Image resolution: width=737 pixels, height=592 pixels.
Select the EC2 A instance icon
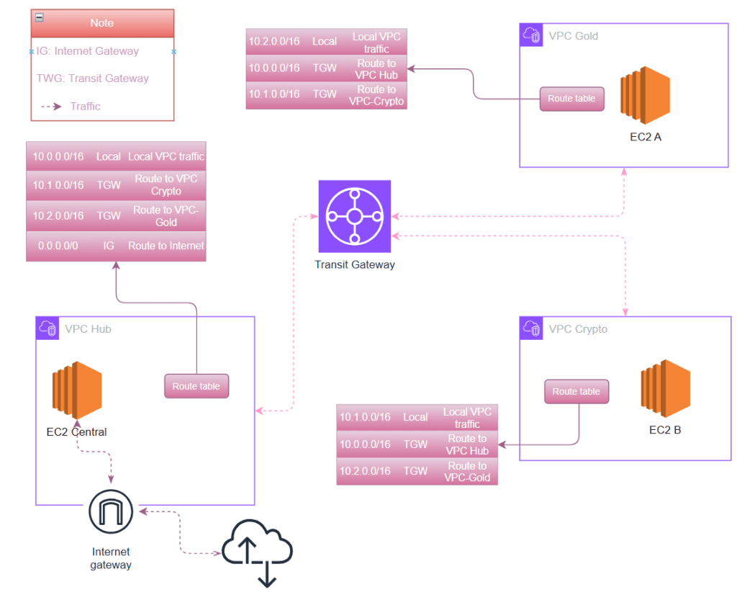(646, 98)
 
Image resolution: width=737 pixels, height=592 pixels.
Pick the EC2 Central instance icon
(76, 391)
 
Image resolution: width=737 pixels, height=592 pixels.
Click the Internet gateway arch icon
(111, 512)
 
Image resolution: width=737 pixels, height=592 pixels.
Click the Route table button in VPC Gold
(571, 99)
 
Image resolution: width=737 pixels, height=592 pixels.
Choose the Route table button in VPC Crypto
(576, 392)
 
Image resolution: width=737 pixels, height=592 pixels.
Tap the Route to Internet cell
(166, 246)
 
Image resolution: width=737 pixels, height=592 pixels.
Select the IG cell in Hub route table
(109, 246)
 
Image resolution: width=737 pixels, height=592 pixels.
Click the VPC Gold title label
(573, 36)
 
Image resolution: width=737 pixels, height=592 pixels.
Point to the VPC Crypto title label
(578, 329)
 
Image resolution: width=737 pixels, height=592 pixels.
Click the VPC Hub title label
(88, 329)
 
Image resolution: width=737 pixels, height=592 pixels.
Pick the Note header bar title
(101, 23)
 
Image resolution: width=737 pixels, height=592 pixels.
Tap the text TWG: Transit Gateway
(93, 79)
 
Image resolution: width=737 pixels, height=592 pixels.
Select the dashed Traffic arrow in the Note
(50, 107)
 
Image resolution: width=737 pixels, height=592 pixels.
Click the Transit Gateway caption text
(354, 264)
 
